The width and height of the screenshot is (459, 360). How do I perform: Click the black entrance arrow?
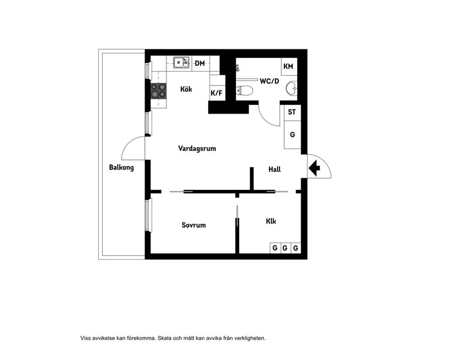[x=314, y=168]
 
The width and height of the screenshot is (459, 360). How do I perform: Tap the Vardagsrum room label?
[x=197, y=148]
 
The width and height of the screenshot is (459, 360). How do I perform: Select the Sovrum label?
[x=193, y=225]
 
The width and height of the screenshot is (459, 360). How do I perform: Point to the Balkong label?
[x=122, y=167]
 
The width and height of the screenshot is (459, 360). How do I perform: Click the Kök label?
[x=186, y=89]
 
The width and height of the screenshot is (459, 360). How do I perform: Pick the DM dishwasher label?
[x=200, y=63]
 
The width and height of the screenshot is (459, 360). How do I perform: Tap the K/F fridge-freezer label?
[x=217, y=93]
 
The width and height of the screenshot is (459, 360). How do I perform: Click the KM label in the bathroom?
[x=289, y=66]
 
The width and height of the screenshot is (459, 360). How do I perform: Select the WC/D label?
[x=269, y=81]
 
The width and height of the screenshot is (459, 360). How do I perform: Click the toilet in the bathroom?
[x=244, y=91]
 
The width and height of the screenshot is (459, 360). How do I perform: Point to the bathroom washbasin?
[x=291, y=88]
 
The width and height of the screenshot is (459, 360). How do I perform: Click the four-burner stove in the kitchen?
[x=158, y=91]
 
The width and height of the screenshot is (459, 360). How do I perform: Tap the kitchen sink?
[x=181, y=62]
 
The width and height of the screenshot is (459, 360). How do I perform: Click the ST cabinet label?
[x=292, y=112]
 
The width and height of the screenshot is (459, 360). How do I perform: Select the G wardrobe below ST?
[x=293, y=135]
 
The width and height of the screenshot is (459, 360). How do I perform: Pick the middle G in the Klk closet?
[x=285, y=248]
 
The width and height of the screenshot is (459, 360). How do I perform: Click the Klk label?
[x=271, y=221]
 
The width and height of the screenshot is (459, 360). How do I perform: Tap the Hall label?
[x=275, y=169]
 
